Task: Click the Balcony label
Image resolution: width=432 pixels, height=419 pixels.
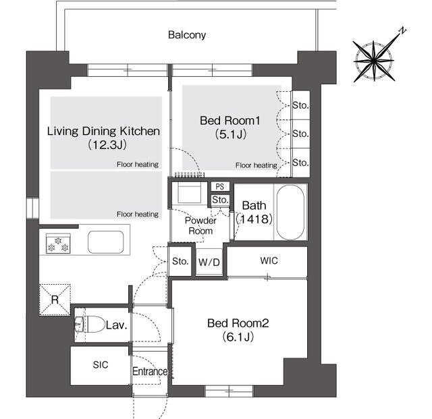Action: pos(187,35)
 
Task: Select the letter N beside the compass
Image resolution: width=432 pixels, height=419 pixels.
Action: pos(403,30)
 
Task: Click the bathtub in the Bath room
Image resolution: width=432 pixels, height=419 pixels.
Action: pos(290,213)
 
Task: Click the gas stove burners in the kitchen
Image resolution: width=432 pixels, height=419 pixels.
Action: pos(58,244)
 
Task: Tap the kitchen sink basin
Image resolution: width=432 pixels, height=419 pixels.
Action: pos(105,242)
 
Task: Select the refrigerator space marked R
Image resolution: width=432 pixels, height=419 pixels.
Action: pos(55,300)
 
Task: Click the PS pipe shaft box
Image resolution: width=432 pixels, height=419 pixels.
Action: pos(220,186)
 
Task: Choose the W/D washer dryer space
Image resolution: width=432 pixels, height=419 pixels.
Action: pos(209,261)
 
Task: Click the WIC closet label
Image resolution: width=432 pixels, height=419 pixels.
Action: pos(269,260)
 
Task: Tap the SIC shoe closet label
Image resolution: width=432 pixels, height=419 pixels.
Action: pos(101,365)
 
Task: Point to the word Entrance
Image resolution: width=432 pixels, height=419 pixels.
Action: pos(150,371)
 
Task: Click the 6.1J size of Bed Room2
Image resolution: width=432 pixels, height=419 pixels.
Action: pos(238,337)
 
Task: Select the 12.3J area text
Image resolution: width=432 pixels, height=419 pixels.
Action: pos(107,145)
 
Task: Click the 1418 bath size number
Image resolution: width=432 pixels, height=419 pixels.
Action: pos(254,219)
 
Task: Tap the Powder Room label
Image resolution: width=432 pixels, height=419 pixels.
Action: pos(200,225)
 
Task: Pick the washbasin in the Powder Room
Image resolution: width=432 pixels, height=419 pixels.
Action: pos(189,193)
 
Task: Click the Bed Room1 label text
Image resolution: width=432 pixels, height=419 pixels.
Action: pos(230,120)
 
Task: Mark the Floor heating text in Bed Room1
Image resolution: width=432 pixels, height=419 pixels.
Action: pos(256,165)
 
